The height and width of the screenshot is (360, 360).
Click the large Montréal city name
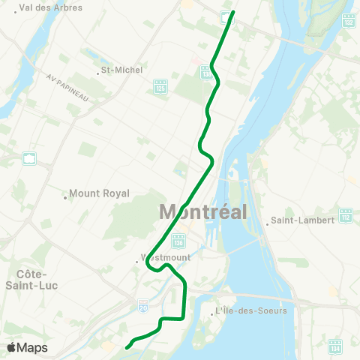tap(203, 211)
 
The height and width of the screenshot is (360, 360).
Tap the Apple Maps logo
tap(27, 347)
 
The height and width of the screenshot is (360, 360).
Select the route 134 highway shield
tap(334, 346)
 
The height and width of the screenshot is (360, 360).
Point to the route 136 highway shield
tap(178, 241)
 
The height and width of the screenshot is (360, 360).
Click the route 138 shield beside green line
tap(205, 71)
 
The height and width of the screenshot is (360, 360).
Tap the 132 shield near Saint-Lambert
tap(345, 215)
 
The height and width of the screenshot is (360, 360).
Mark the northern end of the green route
tap(234, 12)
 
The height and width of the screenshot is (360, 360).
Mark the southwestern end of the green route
tap(126, 347)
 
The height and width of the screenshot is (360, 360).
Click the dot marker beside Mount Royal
tap(66, 198)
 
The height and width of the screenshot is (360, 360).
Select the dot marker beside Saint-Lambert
tap(268, 221)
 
